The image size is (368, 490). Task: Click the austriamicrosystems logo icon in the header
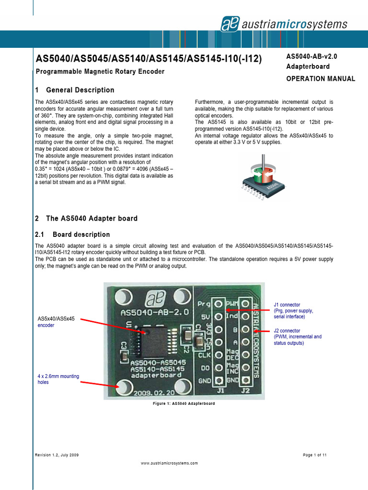230,23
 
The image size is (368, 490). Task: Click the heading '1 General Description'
75,90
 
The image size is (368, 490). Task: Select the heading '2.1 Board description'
73,234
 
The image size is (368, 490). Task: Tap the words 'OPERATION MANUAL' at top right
321,79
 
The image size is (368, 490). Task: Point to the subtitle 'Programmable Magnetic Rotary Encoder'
100,72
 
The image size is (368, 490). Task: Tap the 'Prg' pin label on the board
204,304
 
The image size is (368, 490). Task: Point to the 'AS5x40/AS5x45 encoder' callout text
56,322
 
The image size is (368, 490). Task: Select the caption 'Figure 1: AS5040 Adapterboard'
183,404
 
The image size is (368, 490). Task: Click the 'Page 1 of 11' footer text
314,455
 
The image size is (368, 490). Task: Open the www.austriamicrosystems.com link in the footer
169,463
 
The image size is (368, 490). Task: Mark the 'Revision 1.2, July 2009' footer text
57,455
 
